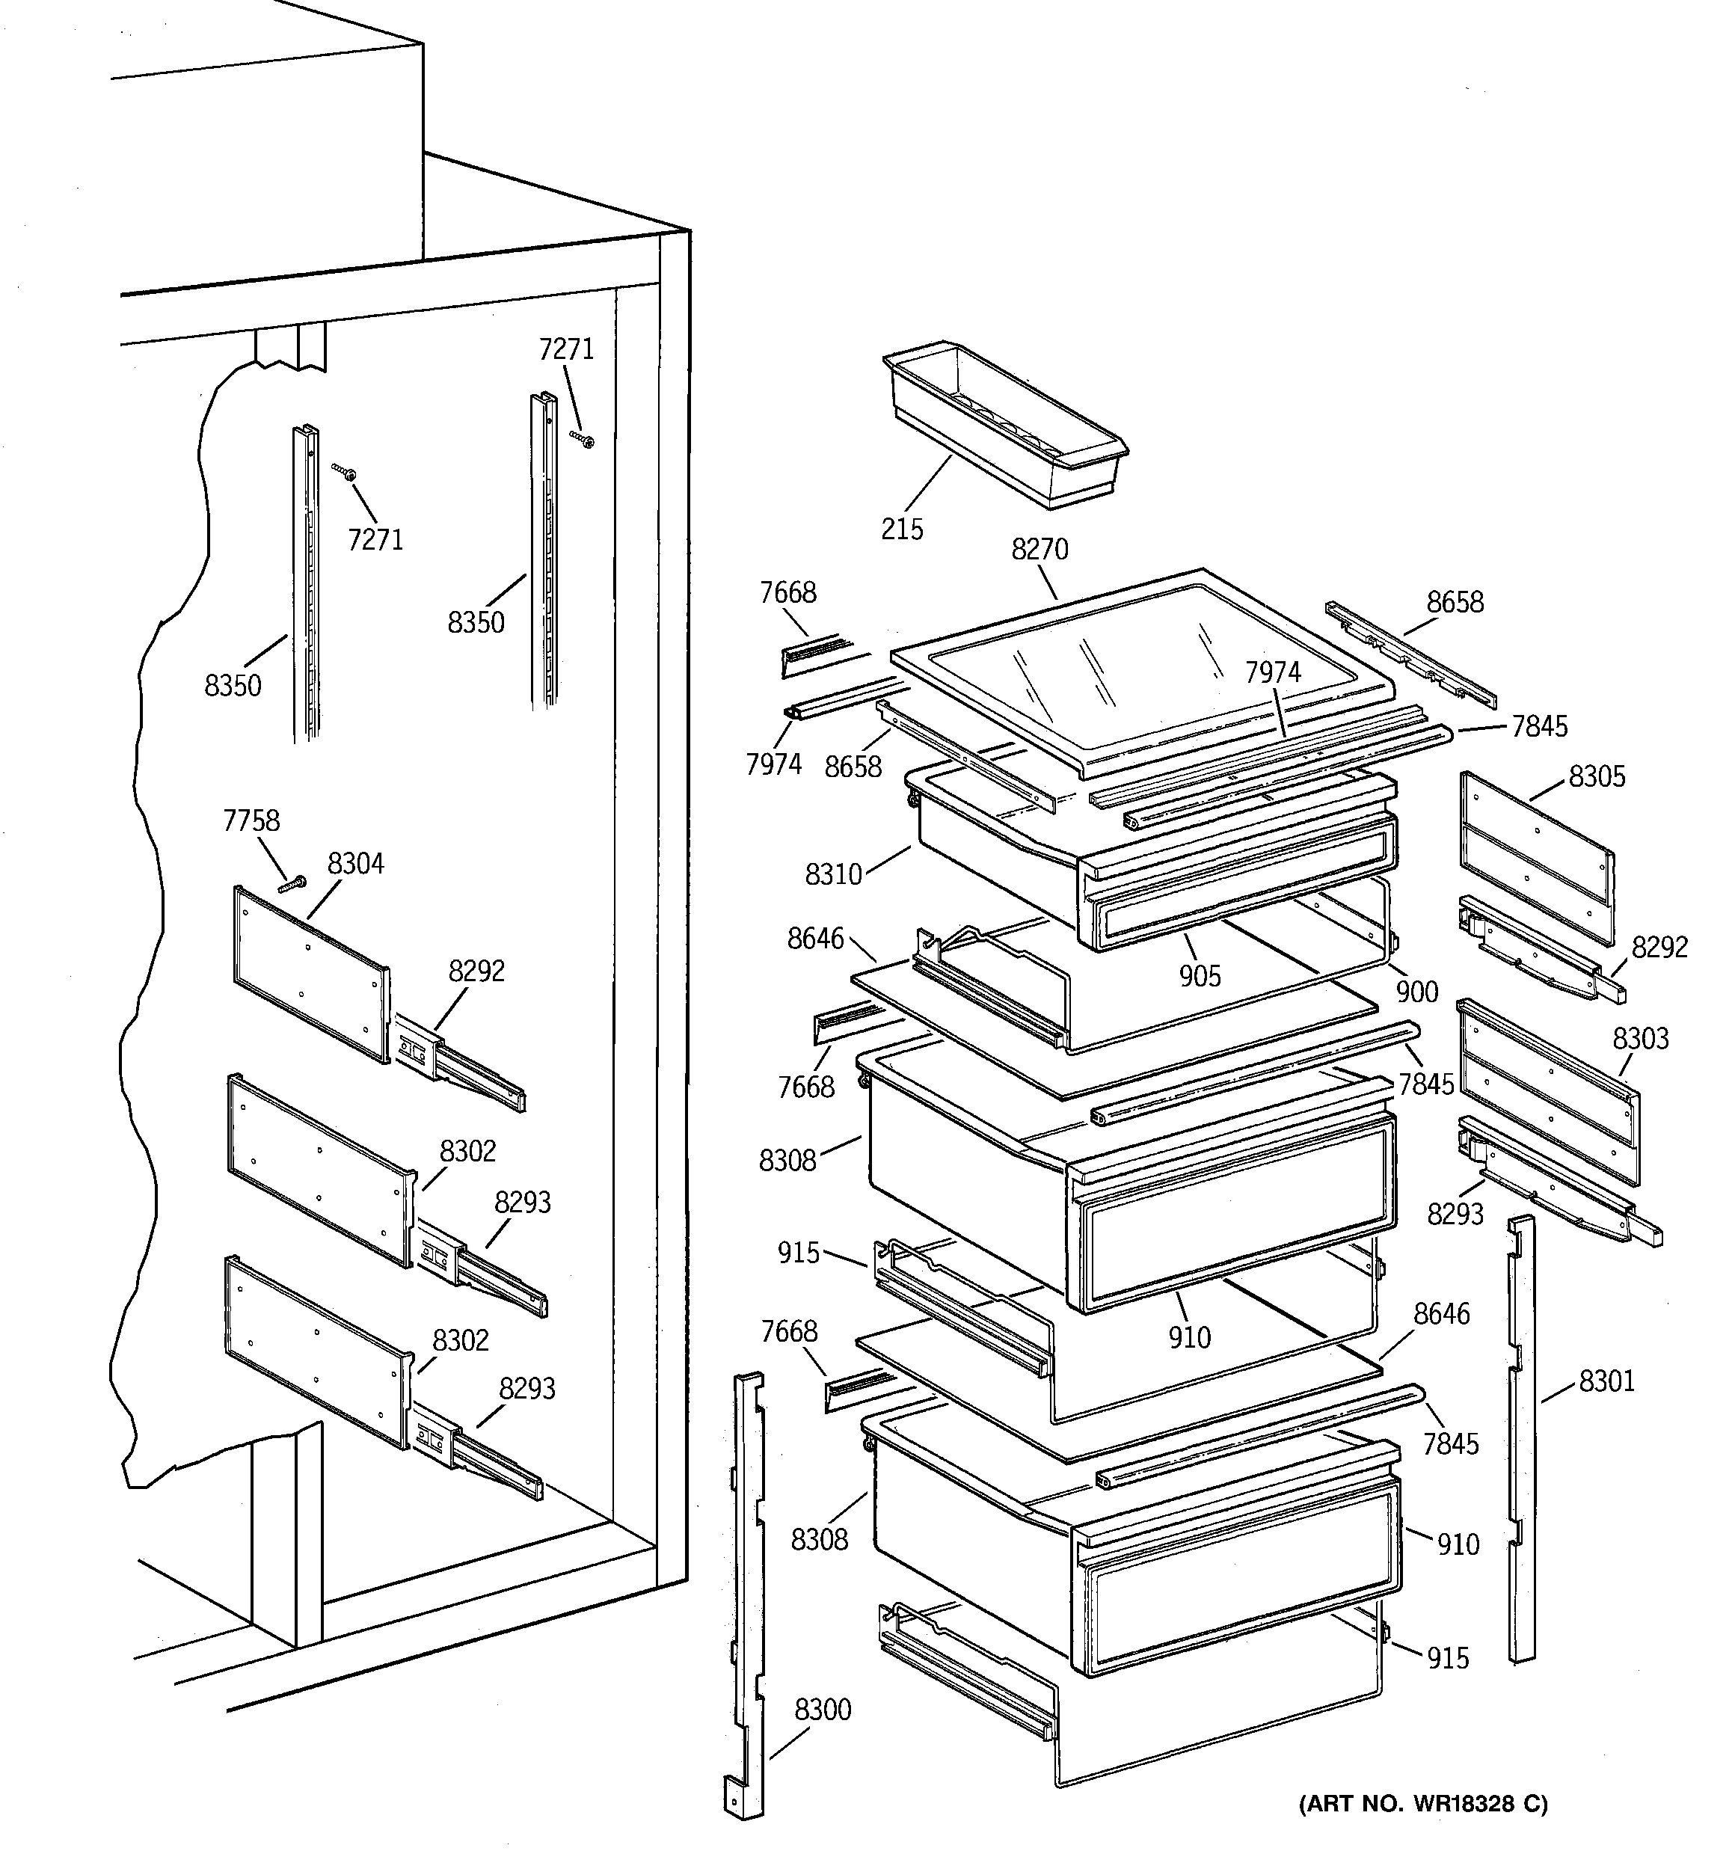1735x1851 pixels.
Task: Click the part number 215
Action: point(901,529)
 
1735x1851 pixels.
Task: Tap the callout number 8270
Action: point(1040,550)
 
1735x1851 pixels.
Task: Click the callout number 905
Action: point(1199,976)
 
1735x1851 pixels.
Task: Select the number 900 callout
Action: point(1416,992)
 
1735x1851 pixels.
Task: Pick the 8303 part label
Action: point(1640,1038)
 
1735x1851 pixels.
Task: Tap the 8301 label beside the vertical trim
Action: point(1606,1381)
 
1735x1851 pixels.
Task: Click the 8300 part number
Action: point(823,1710)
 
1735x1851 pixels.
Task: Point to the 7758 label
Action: point(251,820)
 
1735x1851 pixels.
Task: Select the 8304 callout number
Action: point(354,864)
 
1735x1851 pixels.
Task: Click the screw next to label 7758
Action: point(292,883)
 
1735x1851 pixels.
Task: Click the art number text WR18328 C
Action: point(1423,1804)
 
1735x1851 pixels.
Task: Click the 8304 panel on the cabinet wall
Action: point(310,973)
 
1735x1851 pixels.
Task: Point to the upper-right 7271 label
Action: point(565,349)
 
